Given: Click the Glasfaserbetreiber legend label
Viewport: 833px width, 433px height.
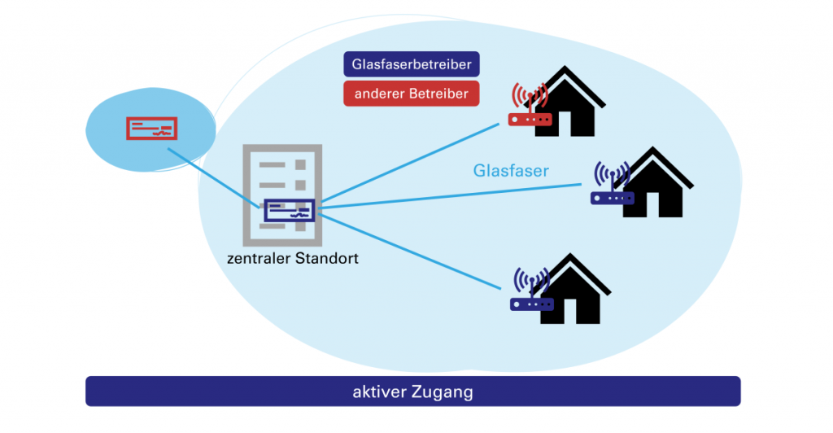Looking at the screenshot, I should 412,64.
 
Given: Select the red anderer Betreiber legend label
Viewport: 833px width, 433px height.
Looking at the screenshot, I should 411,94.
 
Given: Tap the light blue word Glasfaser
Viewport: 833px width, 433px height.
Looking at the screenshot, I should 511,171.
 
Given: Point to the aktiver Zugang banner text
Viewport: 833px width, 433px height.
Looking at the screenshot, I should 412,391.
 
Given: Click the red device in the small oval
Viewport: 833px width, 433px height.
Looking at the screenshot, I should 151,128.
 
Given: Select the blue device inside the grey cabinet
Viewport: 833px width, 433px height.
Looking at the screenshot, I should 289,211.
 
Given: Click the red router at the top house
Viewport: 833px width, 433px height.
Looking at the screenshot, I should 530,119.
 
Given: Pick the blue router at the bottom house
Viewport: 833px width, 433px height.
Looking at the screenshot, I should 531,304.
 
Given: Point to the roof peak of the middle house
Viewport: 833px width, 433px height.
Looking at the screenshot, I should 658,151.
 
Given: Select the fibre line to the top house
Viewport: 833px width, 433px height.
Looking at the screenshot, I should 407,164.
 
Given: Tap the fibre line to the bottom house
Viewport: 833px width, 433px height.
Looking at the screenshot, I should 407,249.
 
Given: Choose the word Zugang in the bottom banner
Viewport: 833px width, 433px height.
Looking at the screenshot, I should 444,391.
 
